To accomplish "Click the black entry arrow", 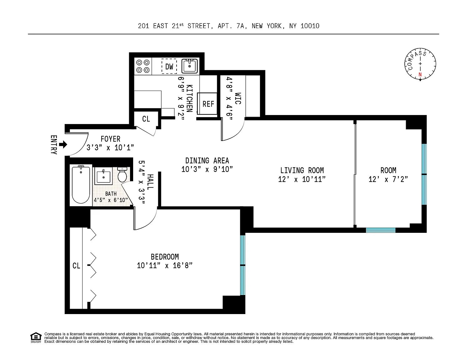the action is (63, 144).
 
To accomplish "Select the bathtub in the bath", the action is (81, 184).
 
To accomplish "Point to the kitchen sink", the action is (190, 66).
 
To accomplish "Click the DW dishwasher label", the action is (169, 67).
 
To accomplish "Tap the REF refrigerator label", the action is (208, 104).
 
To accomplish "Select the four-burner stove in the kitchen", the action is (143, 66).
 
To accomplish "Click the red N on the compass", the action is (420, 75).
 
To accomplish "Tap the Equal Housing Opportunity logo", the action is (36, 337).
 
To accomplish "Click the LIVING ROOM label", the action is (302, 170).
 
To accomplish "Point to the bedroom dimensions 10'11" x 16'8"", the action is (165, 266).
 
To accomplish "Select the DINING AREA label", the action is (207, 161).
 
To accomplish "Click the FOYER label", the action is (110, 139).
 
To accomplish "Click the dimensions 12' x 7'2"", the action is (388, 179).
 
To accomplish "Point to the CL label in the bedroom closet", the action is (76, 266).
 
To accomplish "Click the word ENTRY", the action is (54, 145).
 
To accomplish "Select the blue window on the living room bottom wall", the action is (381, 230).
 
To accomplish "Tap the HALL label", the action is (150, 182).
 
